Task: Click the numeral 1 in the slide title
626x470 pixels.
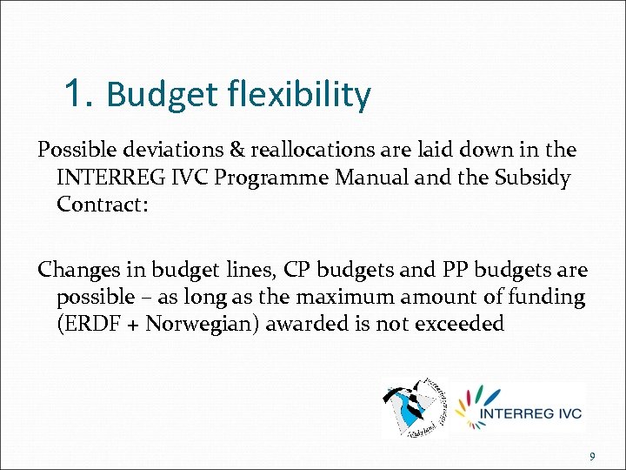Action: (x=77, y=92)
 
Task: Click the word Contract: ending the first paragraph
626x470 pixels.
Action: (x=100, y=206)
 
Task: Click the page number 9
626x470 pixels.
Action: (x=592, y=456)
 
